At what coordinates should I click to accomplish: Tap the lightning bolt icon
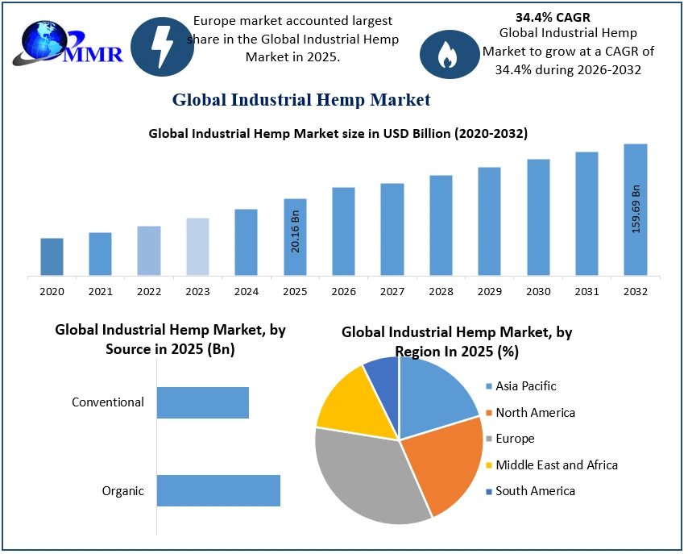coord(162,45)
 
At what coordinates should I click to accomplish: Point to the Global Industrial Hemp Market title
coord(301,100)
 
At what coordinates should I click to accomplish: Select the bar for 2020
coord(52,256)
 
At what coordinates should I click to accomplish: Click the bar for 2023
coord(197,247)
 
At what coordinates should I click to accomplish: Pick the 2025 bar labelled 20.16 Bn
coord(295,237)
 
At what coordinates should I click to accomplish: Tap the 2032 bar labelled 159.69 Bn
coord(635,210)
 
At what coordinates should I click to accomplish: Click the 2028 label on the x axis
coord(441,291)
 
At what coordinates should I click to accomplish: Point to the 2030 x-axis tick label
coord(538,291)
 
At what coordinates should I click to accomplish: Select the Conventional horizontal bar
coord(203,402)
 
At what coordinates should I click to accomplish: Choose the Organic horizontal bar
coord(218,490)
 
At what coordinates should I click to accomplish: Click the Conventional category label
coord(108,402)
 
